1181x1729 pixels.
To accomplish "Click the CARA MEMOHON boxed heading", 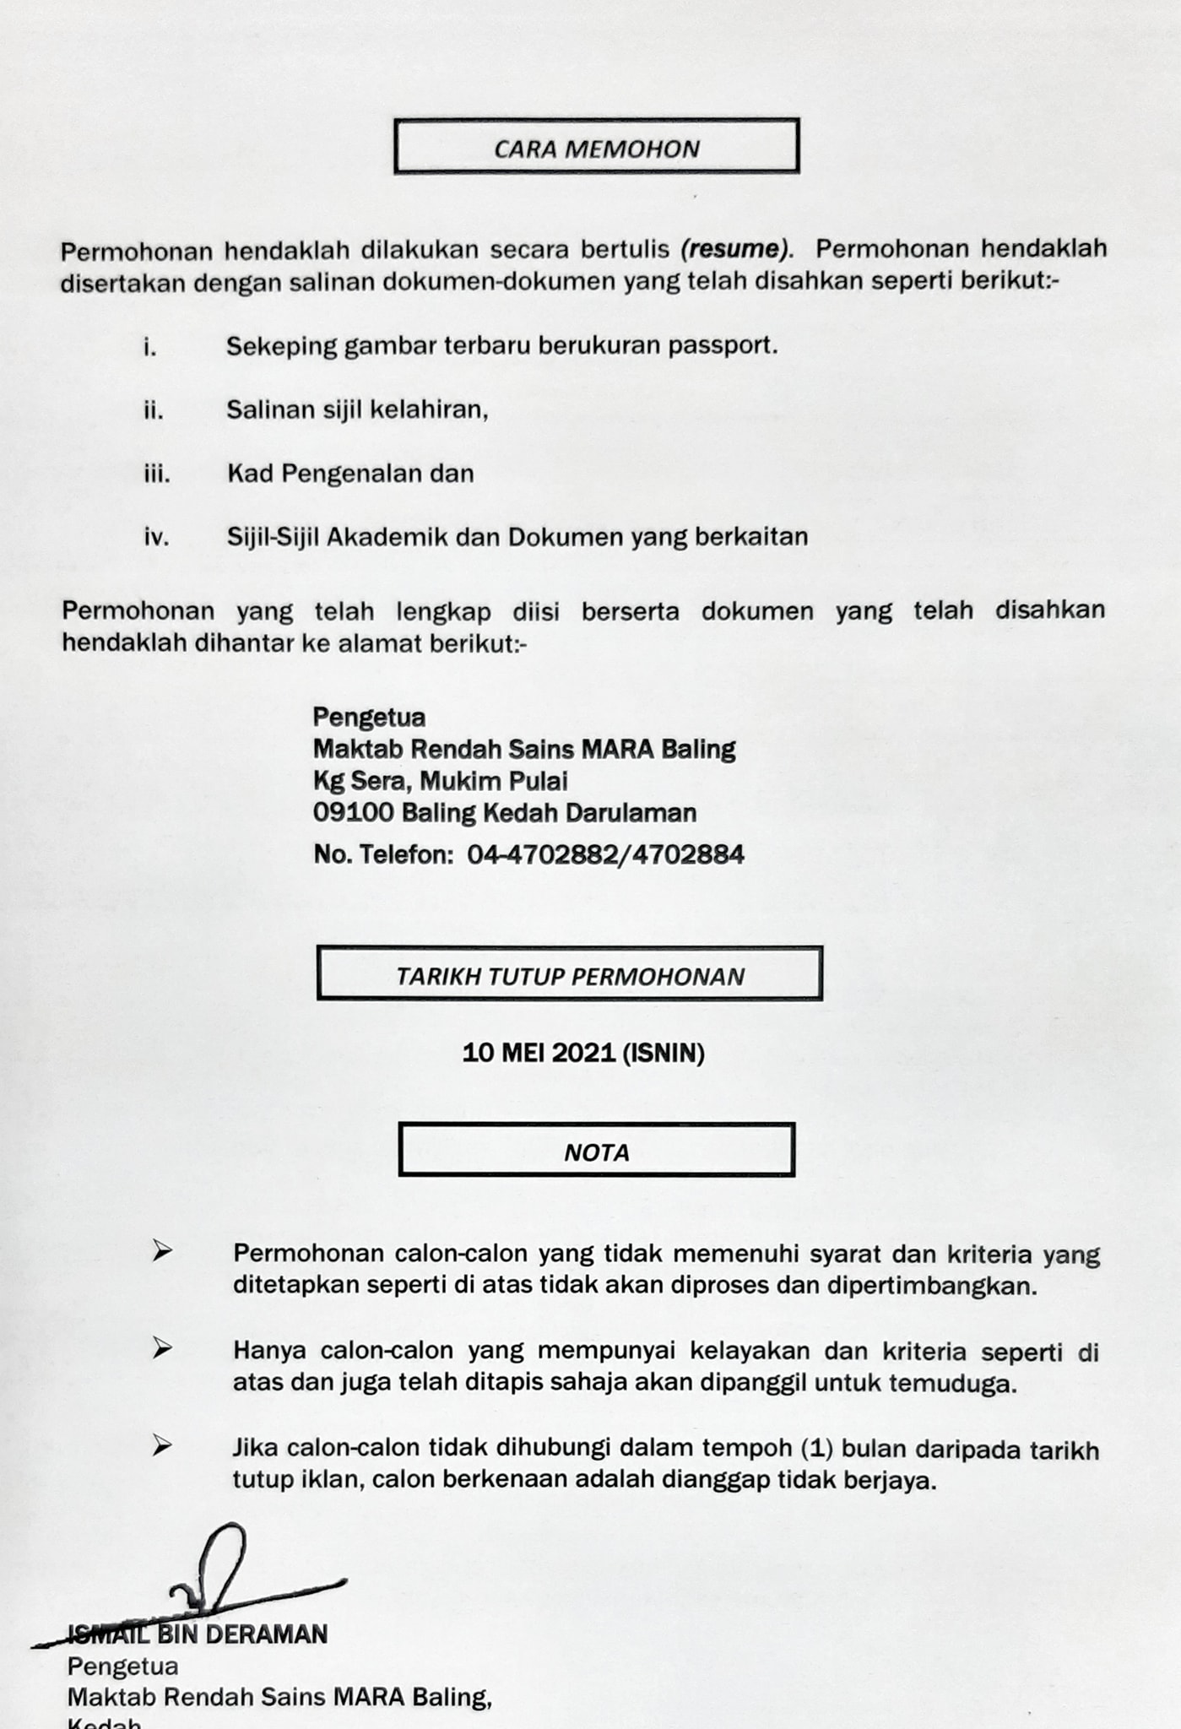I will (x=596, y=149).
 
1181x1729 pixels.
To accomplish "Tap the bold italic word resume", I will (x=734, y=250).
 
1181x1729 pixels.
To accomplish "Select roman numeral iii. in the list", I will (x=157, y=474).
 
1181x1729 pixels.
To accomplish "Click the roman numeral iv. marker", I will (x=157, y=538).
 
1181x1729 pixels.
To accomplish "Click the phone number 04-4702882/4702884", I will (x=605, y=855).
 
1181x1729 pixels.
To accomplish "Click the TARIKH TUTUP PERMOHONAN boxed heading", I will (x=570, y=977).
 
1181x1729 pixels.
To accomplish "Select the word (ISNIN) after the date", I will (x=664, y=1054).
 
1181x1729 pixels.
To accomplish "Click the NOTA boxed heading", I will (x=596, y=1152).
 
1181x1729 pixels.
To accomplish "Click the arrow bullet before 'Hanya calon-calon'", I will (x=162, y=1349).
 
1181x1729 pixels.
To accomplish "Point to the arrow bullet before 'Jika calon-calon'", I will (x=162, y=1446).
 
